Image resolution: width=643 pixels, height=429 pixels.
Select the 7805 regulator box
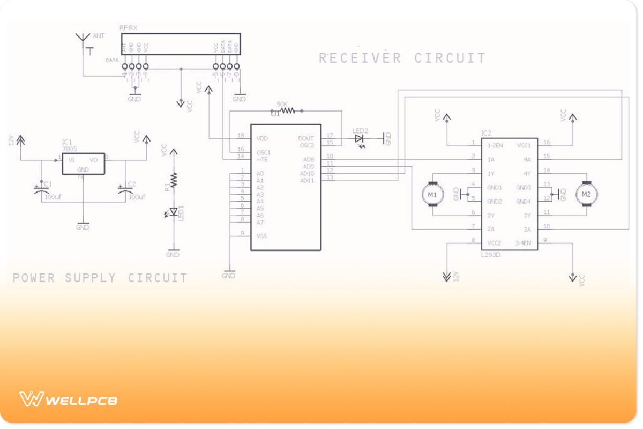[83, 163]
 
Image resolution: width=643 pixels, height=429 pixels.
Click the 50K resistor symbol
[287, 111]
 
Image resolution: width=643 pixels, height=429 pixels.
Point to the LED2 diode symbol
[360, 138]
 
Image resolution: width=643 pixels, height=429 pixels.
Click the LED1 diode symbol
[173, 212]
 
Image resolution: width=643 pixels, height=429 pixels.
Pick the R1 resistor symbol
[173, 180]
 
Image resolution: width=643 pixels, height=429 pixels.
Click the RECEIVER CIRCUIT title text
[402, 58]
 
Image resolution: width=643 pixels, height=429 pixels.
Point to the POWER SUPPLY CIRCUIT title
[100, 278]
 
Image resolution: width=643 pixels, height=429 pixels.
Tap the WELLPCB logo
[69, 400]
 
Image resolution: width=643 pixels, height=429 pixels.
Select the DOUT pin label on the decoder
[306, 138]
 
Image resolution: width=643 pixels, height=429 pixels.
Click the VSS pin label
[261, 236]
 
